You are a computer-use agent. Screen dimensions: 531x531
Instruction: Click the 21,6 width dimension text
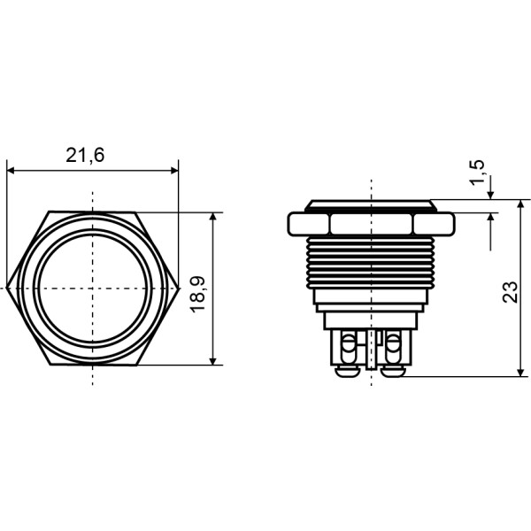click(85, 155)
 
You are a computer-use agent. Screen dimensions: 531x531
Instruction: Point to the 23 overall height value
click(511, 292)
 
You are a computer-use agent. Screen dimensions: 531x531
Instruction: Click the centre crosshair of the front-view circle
click(92, 289)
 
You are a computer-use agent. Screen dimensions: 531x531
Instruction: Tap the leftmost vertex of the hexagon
click(7, 289)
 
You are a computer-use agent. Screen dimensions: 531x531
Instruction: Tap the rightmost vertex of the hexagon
click(178, 289)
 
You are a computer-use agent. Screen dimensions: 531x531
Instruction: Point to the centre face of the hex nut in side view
click(371, 223)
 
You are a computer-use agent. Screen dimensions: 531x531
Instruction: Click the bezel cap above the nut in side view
click(371, 205)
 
